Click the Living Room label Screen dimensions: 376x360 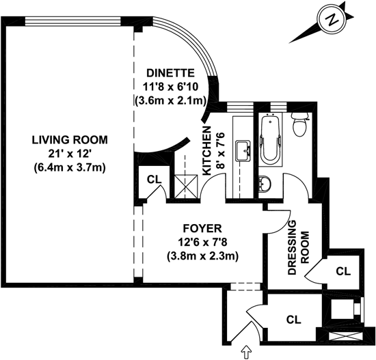pos(70,140)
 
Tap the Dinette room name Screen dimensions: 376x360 pos(170,73)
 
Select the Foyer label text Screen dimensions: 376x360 pos(202,228)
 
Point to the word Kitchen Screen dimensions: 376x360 pos(206,151)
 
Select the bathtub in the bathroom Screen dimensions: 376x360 pos(271,140)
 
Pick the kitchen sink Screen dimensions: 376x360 pos(243,151)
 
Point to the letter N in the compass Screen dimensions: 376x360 pos(332,20)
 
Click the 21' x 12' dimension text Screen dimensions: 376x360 pos(70,154)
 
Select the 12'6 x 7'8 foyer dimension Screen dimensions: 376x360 pos(202,243)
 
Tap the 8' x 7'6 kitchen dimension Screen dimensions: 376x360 pos(221,151)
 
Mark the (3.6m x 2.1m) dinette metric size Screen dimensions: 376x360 pos(170,101)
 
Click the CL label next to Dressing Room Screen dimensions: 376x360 pos(343,271)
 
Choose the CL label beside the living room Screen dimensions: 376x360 pos(155,179)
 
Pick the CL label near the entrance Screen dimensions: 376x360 pos(294,319)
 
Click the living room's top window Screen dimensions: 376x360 pos(73,21)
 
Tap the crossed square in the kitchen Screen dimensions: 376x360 pos(186,186)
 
